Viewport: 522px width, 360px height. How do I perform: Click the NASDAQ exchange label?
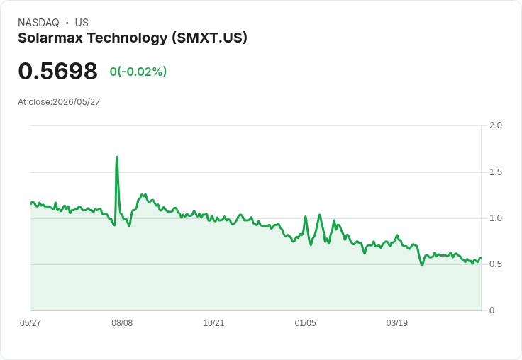pos(38,23)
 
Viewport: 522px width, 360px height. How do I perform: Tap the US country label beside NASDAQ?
pos(82,23)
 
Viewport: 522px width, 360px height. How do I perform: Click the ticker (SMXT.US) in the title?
pos(210,38)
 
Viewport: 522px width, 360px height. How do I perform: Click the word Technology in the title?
pos(128,38)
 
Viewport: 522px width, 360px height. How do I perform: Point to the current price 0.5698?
pos(58,71)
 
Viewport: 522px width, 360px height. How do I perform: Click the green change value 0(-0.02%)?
pos(138,72)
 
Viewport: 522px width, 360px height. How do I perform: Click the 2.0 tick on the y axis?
pos(495,125)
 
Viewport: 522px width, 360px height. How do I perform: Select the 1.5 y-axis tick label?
pos(495,172)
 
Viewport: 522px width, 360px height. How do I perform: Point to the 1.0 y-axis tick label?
pos(495,218)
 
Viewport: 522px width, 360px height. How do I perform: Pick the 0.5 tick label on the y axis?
pos(495,264)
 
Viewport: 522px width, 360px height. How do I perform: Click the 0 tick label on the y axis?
pos(492,310)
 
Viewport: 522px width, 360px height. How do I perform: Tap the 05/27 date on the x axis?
pos(30,323)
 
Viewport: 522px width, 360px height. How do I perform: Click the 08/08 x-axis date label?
pos(122,323)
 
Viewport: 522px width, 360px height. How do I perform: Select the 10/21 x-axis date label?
pos(213,323)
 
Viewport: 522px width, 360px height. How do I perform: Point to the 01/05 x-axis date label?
pos(305,323)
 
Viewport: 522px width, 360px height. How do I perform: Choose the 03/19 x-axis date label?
pos(397,323)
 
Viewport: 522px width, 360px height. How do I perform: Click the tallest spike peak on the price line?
pos(117,157)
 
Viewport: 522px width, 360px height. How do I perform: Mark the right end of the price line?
pos(481,258)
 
